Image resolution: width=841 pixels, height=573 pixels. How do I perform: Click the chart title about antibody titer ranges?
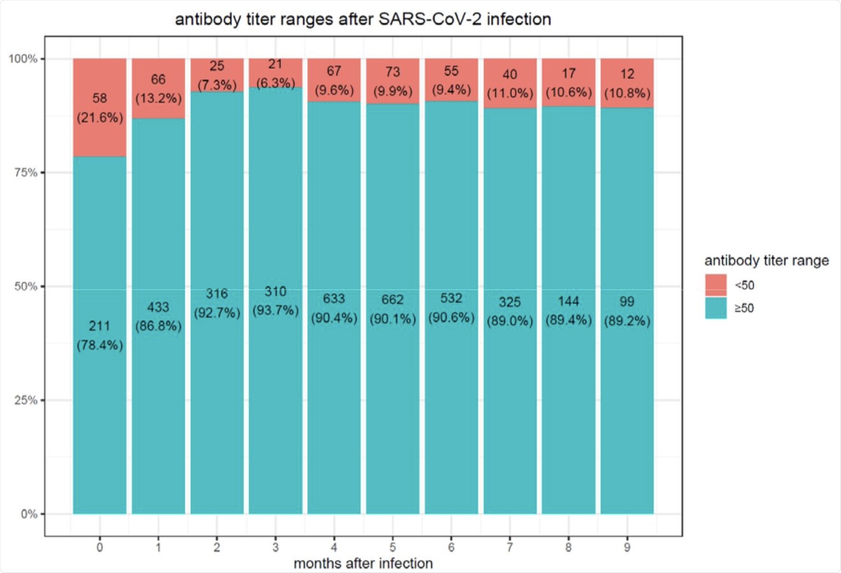[x=363, y=20]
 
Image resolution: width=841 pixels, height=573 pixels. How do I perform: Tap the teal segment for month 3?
[x=276, y=394]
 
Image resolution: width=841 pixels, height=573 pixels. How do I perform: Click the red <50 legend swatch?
[x=716, y=285]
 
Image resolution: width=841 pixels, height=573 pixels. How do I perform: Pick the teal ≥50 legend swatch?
[x=716, y=308]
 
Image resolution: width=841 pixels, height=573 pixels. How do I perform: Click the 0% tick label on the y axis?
[x=29, y=514]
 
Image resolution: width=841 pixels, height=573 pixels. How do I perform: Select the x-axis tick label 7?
[x=510, y=547]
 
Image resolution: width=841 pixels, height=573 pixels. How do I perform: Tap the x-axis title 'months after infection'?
[x=363, y=563]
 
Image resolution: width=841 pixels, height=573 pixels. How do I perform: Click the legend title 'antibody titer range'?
[x=766, y=261]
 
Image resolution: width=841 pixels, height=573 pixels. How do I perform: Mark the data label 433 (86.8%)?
[x=158, y=316]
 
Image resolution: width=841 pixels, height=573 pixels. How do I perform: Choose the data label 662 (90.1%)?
[x=392, y=309]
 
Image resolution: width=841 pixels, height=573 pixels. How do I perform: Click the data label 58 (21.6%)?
[x=100, y=108]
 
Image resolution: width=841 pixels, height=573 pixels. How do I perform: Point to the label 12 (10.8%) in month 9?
[x=627, y=83]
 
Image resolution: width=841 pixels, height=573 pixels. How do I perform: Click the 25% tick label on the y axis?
[x=26, y=400]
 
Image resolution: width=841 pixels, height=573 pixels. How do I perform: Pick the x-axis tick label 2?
[x=217, y=547]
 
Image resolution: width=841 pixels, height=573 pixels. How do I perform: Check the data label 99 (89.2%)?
[x=627, y=311]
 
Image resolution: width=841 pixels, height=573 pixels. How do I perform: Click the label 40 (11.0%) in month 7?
[x=510, y=84]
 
